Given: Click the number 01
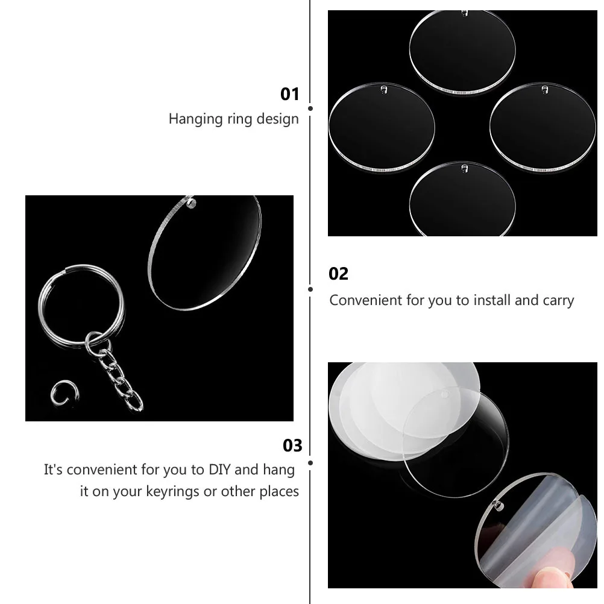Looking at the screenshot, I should pyautogui.click(x=290, y=94).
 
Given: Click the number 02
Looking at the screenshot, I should pyautogui.click(x=339, y=274).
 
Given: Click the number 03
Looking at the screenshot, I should pyautogui.click(x=292, y=445).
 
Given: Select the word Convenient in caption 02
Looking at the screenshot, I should pyautogui.click(x=366, y=300).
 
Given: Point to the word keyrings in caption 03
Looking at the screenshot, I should pyautogui.click(x=172, y=491).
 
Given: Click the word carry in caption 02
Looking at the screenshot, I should pyautogui.click(x=558, y=300).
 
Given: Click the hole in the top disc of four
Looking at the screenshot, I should pyautogui.click(x=464, y=13).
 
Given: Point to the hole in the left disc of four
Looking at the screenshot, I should pyautogui.click(x=383, y=90).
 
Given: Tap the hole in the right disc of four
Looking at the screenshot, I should pyautogui.click(x=544, y=90).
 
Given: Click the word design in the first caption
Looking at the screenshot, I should pyautogui.click(x=279, y=119).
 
